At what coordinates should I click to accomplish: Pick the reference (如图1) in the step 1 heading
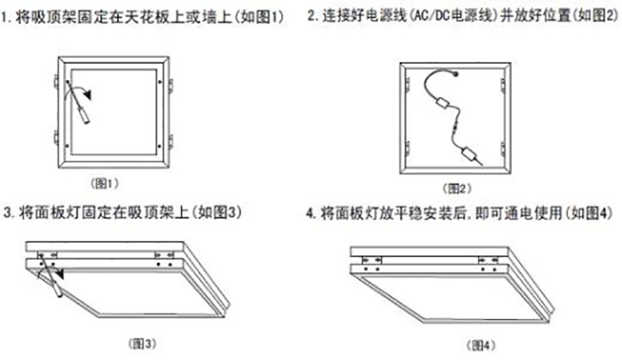coord(269,17)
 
